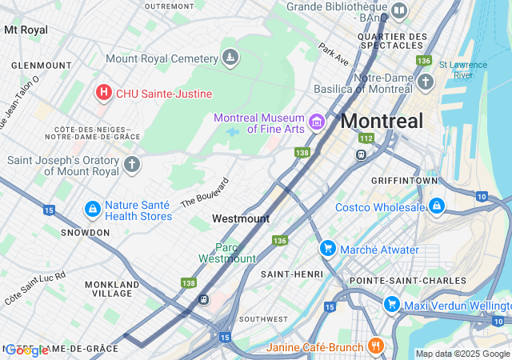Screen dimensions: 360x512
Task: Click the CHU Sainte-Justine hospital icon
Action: pyautogui.click(x=103, y=94)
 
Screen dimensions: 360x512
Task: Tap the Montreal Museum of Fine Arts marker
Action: pyautogui.click(x=317, y=122)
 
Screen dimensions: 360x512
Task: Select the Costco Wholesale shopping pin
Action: pyautogui.click(x=437, y=208)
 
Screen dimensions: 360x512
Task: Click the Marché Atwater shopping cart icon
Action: pyautogui.click(x=327, y=250)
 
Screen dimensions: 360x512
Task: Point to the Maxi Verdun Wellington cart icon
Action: pyautogui.click(x=391, y=305)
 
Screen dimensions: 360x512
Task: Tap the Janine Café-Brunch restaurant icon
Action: pyautogui.click(x=376, y=346)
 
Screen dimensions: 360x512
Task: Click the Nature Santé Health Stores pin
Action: pyautogui.click(x=93, y=210)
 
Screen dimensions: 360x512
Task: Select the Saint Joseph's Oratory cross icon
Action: pyautogui.click(x=132, y=165)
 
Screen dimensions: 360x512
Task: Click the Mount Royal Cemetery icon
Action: pyautogui.click(x=230, y=58)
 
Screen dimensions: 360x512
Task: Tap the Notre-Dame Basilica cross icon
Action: pyautogui.click(x=425, y=82)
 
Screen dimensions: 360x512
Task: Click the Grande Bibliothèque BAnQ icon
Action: pyautogui.click(x=398, y=12)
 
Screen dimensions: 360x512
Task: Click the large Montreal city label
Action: pyautogui.click(x=382, y=122)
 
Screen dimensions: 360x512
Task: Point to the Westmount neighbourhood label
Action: pyautogui.click(x=240, y=218)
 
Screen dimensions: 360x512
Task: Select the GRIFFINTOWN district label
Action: pyautogui.click(x=405, y=181)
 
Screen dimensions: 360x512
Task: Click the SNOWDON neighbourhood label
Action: pyautogui.click(x=86, y=232)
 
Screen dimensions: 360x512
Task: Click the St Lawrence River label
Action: pyautogui.click(x=468, y=70)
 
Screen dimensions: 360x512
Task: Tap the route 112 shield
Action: pyautogui.click(x=366, y=138)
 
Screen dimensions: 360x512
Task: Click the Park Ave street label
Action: pyautogui.click(x=334, y=54)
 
